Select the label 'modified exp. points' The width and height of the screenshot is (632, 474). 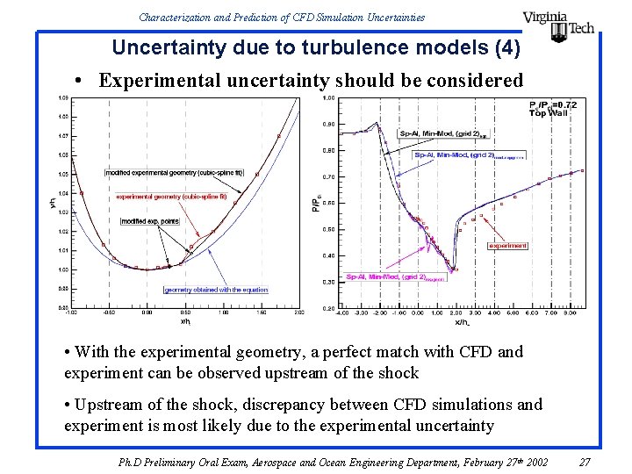(x=150, y=221)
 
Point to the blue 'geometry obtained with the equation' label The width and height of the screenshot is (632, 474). (x=215, y=290)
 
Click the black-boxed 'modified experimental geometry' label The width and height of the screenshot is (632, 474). (x=175, y=173)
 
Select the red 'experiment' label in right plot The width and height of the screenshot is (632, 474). (x=508, y=246)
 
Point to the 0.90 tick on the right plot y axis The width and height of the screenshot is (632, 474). (x=327, y=124)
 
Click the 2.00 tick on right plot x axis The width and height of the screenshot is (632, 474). (x=455, y=312)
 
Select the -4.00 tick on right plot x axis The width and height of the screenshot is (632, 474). (x=341, y=312)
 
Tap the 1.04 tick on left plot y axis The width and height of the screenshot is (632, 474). (x=63, y=193)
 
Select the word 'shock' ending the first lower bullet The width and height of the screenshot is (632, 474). (x=398, y=372)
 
